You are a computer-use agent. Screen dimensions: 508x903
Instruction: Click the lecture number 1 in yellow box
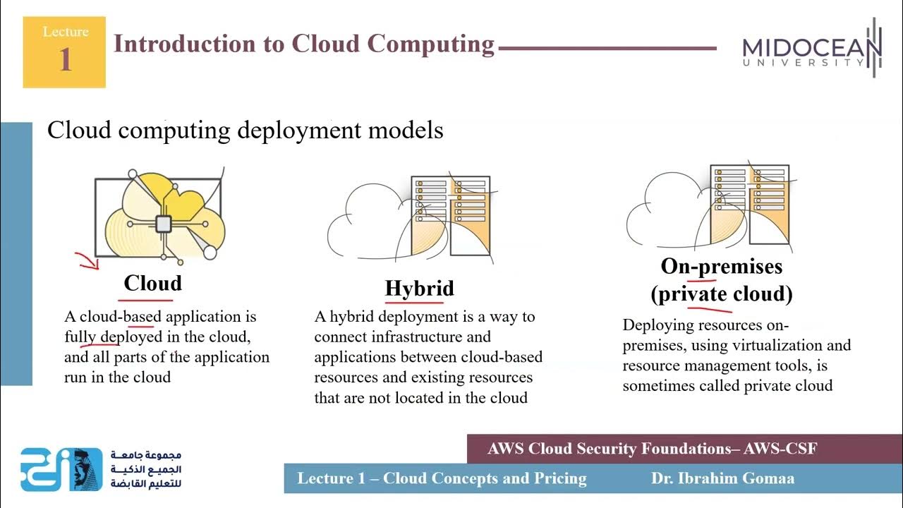click(65, 60)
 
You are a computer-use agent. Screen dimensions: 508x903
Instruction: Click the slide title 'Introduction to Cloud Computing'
click(304, 44)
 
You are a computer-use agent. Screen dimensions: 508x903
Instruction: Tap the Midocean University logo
click(812, 49)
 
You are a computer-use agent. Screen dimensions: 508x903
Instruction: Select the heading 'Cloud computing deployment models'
click(245, 131)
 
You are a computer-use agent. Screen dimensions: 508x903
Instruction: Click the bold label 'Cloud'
click(152, 284)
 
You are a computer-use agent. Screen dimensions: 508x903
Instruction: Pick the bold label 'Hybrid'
click(419, 289)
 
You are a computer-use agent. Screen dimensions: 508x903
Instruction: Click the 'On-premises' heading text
click(721, 267)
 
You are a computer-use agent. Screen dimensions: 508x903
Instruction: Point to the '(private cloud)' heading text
click(721, 294)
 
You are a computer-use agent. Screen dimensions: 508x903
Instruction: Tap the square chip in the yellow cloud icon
click(163, 224)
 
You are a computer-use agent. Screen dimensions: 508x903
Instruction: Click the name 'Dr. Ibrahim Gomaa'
click(722, 478)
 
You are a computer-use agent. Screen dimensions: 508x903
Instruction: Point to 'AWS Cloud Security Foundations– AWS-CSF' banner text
click(652, 449)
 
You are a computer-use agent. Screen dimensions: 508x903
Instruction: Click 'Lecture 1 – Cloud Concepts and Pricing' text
click(442, 478)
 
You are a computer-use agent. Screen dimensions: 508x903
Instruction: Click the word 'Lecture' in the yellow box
click(65, 32)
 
